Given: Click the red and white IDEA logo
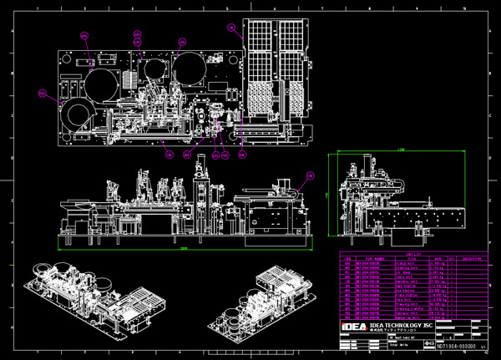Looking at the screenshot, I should point(355,326).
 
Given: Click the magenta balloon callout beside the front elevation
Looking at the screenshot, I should point(310,175).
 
